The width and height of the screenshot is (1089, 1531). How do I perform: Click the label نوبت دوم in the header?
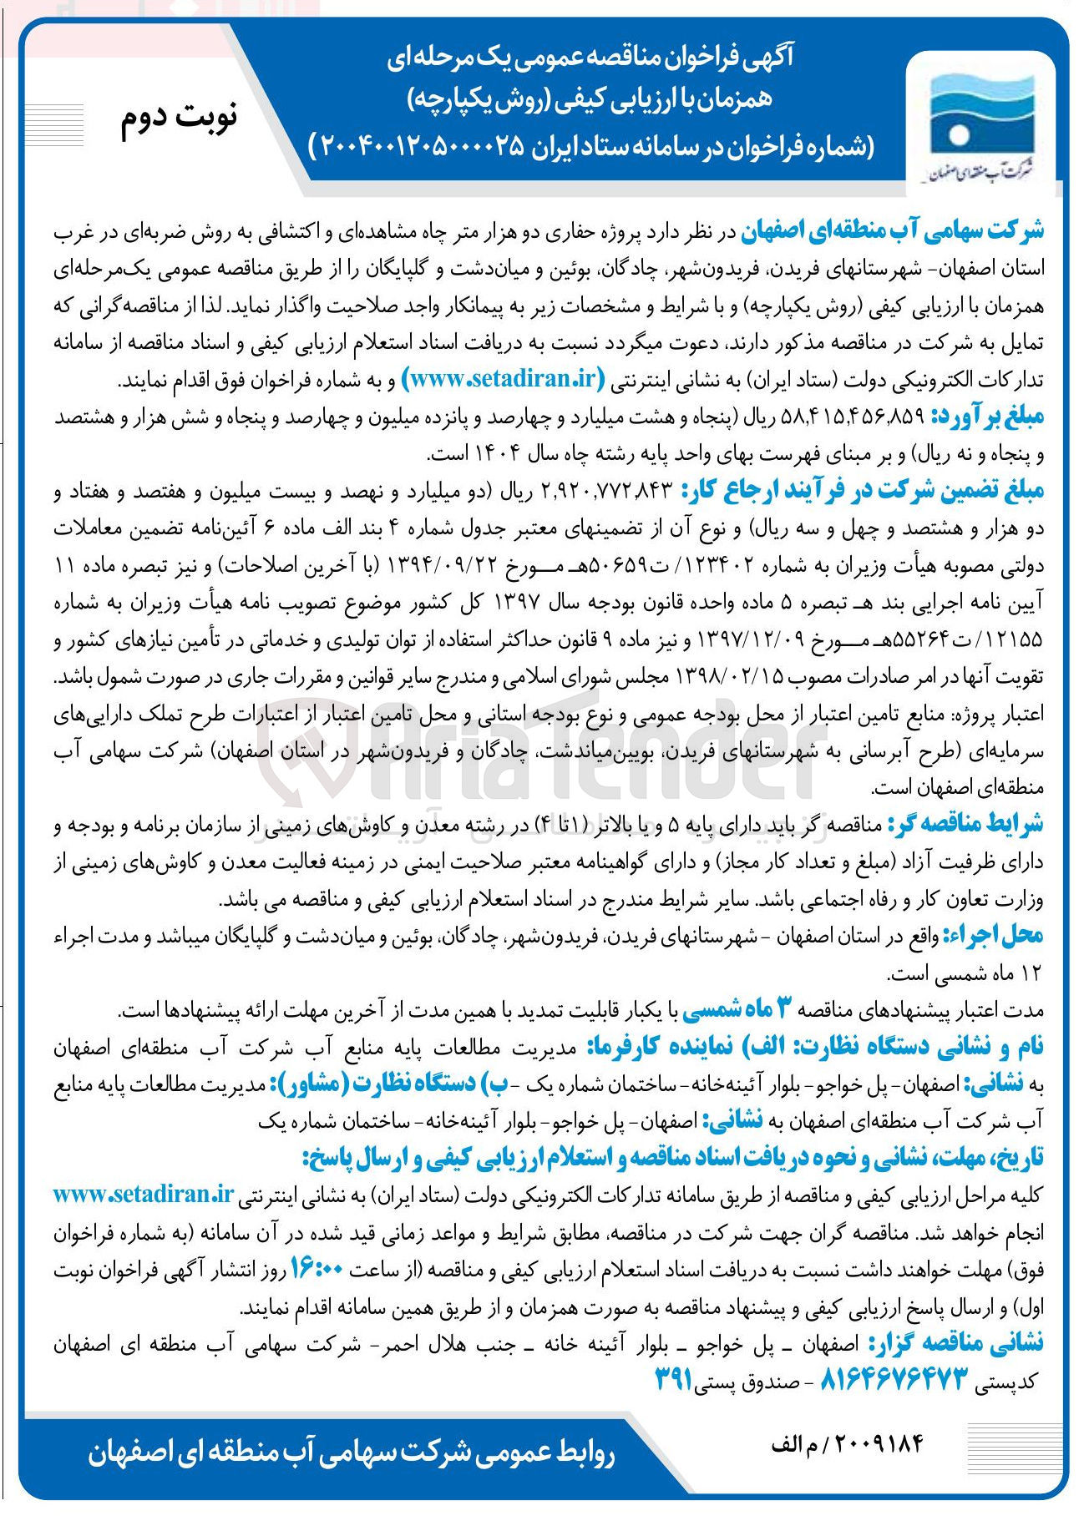click(x=179, y=118)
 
